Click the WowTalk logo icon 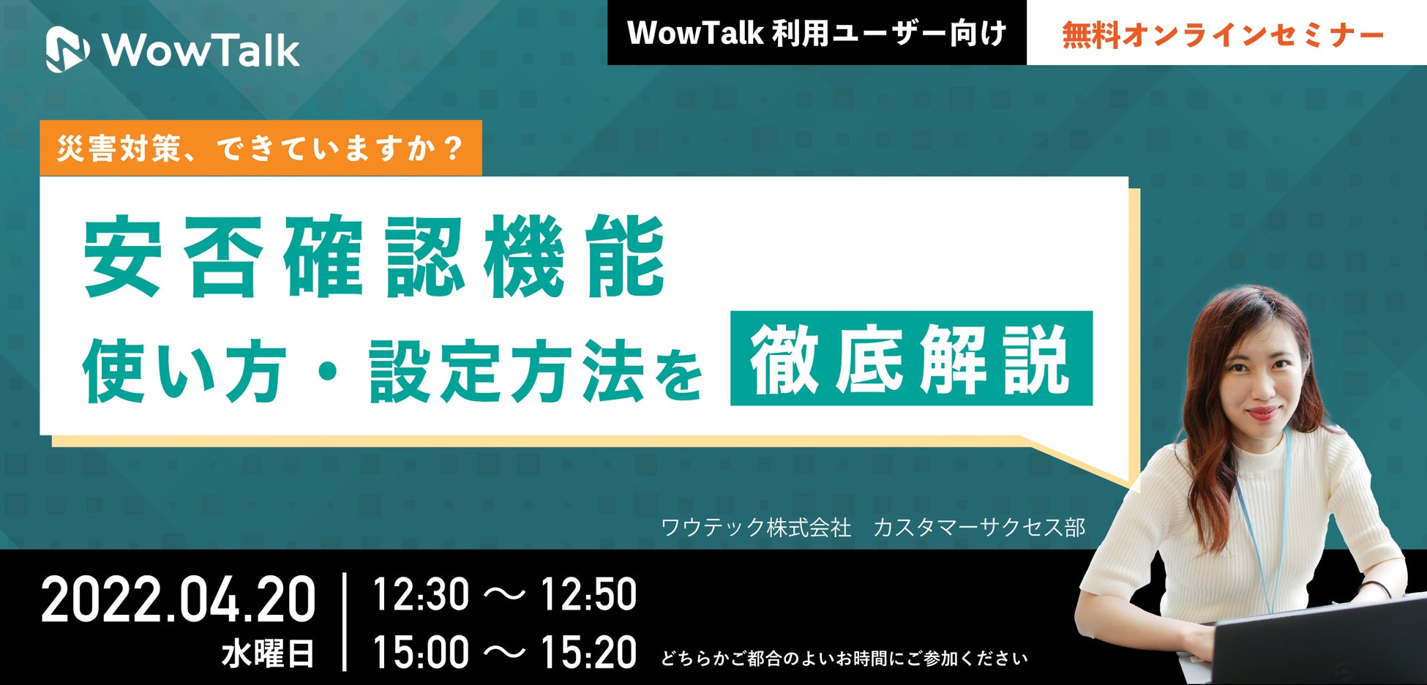pyautogui.click(x=67, y=50)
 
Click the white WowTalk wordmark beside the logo pyautogui.click(x=201, y=50)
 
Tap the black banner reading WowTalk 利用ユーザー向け pyautogui.click(x=817, y=33)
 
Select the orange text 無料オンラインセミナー pyautogui.click(x=1223, y=35)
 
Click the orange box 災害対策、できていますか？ pyautogui.click(x=261, y=148)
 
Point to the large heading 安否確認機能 pyautogui.click(x=374, y=257)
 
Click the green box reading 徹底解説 pyautogui.click(x=911, y=359)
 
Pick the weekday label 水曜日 pyautogui.click(x=268, y=654)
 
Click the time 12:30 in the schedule pyautogui.click(x=421, y=594)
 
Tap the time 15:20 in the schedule pyautogui.click(x=588, y=652)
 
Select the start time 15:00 pyautogui.click(x=421, y=652)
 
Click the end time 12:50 pyautogui.click(x=588, y=594)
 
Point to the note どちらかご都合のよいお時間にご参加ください pyautogui.click(x=844, y=659)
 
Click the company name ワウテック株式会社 pyautogui.click(x=756, y=527)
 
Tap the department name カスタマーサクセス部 pyautogui.click(x=979, y=527)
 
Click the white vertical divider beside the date pyautogui.click(x=345, y=622)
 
